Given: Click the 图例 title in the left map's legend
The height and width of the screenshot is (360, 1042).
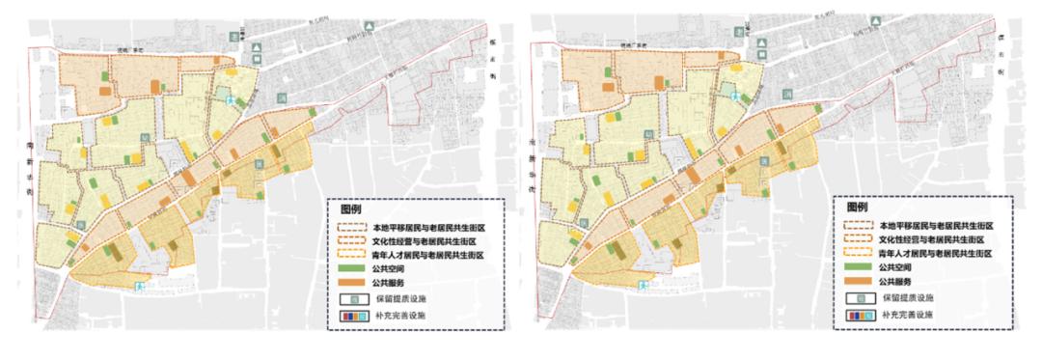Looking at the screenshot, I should [x=352, y=208].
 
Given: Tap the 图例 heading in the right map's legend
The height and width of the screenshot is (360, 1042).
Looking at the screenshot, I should [x=858, y=208].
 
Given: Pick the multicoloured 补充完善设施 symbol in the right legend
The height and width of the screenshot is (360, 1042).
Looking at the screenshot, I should [x=859, y=316].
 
